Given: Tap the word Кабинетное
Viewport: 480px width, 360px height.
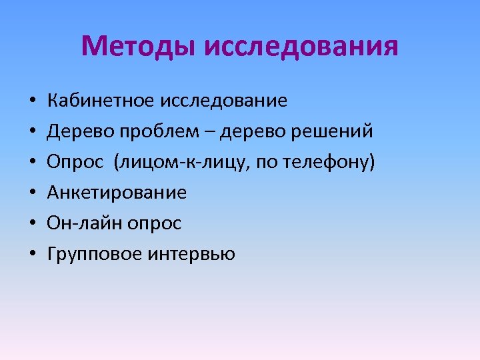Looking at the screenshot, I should click(100, 101).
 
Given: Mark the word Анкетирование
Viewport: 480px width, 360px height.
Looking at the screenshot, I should click(117, 193).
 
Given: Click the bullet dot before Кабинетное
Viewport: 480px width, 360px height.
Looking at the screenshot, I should click(32, 102).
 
